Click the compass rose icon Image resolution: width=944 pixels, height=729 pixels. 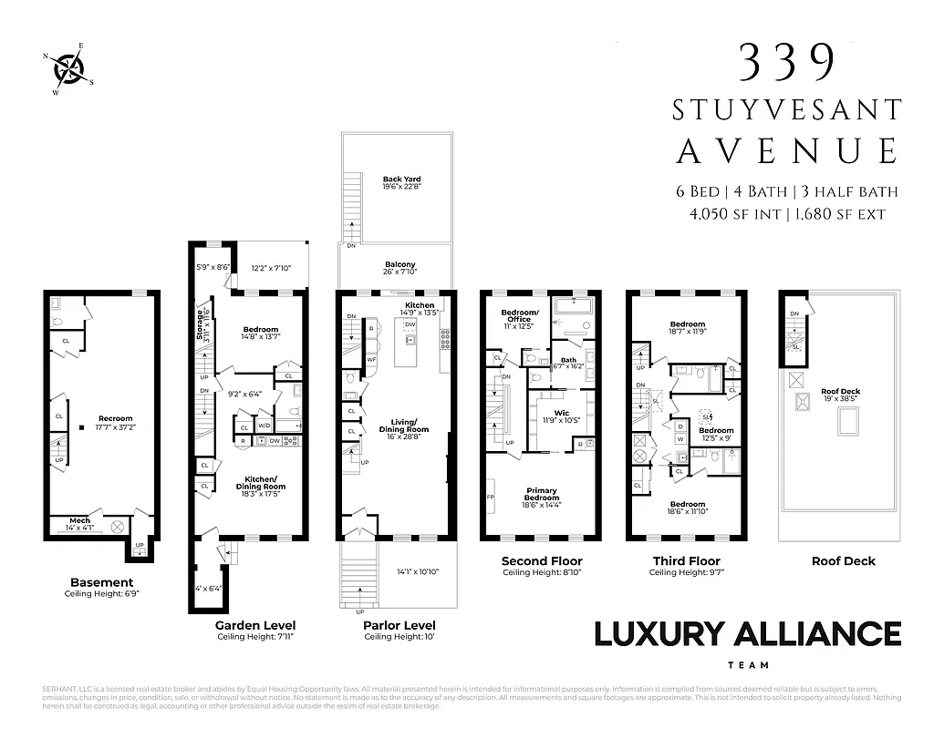[x=69, y=67]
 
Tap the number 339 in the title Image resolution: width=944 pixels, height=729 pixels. [x=786, y=63]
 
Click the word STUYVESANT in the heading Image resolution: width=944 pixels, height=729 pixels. [x=787, y=110]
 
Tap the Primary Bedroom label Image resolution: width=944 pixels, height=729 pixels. [x=541, y=495]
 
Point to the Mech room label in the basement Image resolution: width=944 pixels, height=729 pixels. [x=80, y=522]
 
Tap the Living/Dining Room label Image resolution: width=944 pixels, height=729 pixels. [x=403, y=426]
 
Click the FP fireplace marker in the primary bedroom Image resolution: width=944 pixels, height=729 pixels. [x=491, y=498]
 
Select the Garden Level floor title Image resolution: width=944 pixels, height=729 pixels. [x=254, y=625]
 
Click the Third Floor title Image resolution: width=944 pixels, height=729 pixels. [x=686, y=561]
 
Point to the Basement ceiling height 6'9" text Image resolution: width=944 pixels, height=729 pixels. [x=102, y=594]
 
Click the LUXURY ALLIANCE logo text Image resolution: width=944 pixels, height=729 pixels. [x=747, y=634]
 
